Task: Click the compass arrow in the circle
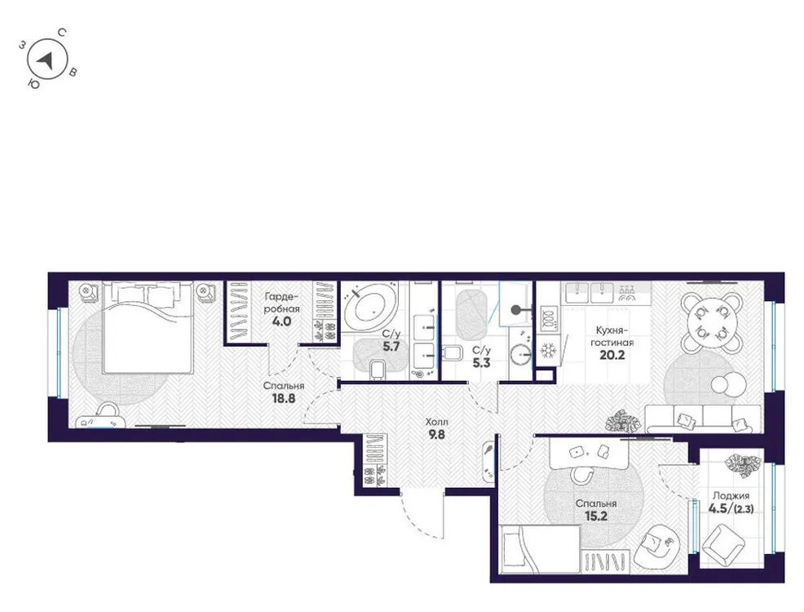(x=48, y=60)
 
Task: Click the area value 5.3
(x=480, y=364)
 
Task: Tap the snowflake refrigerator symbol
(x=546, y=352)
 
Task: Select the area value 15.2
(x=592, y=517)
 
